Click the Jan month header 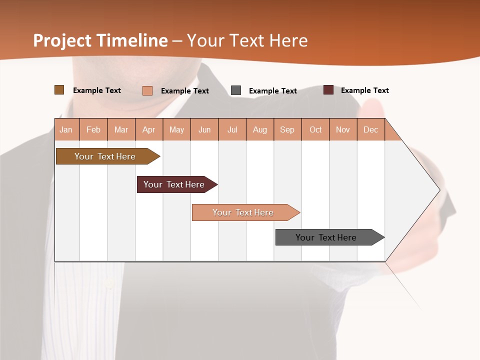click(66, 129)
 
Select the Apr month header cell click(149, 129)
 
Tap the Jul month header click(232, 129)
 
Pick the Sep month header click(287, 129)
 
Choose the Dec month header click(370, 129)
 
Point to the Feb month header click(93, 129)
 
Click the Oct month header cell click(315, 129)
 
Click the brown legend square click(59, 90)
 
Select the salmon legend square click(147, 90)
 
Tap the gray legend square click(236, 90)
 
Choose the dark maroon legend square click(328, 90)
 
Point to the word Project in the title click(62, 40)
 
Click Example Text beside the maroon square click(364, 90)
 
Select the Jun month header click(204, 129)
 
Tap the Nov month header click(343, 129)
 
